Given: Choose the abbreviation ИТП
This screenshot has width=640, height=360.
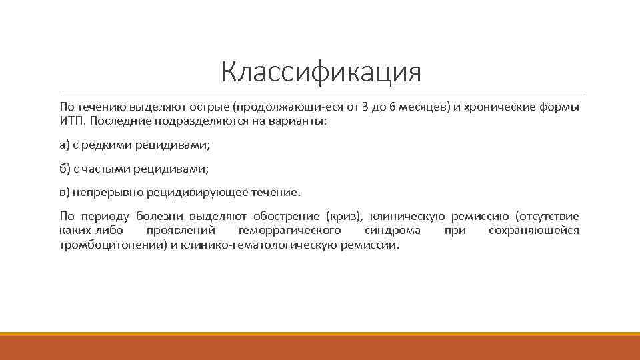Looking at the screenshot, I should coord(71,122).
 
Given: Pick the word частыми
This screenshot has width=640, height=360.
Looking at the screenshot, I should coord(107,169).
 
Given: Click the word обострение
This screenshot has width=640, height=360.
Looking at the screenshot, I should coord(285,216).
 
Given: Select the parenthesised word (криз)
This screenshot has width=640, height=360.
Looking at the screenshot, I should coord(343,216).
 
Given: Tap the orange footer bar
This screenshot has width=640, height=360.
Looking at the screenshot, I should coord(320,347).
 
